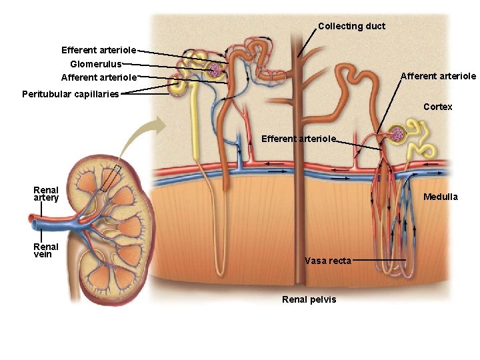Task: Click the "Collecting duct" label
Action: tap(351, 26)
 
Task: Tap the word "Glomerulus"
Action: tap(96, 64)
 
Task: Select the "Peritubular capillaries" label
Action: tap(70, 94)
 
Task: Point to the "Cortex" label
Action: tap(437, 107)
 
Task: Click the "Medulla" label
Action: tap(441, 197)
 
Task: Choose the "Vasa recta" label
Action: tap(327, 261)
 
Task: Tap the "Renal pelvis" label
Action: tap(309, 299)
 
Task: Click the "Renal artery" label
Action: tap(46, 194)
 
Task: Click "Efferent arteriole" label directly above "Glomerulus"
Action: tap(99, 50)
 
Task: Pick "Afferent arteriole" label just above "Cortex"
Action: tap(438, 76)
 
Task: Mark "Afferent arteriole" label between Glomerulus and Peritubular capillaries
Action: tap(99, 77)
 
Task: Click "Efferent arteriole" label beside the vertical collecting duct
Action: tap(299, 139)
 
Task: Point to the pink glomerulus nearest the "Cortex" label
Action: tap(397, 135)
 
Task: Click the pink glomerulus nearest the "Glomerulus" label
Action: tap(215, 69)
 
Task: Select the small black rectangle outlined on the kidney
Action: tap(109, 178)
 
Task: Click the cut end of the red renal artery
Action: tap(29, 217)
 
